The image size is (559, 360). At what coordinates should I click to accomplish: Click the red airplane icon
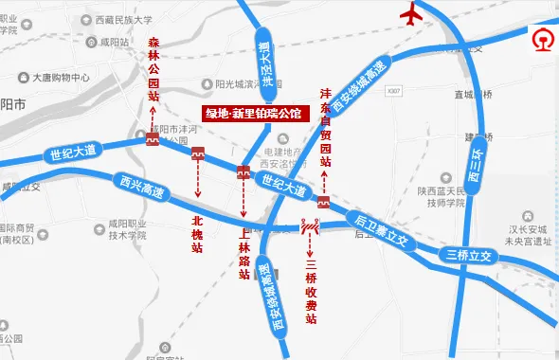411,15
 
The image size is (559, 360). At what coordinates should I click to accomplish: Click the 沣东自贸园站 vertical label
326,128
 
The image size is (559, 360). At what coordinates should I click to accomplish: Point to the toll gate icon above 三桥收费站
310,227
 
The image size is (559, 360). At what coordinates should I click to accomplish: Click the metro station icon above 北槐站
198,153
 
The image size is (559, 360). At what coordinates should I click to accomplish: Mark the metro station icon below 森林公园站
153,140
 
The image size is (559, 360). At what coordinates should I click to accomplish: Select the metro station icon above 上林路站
243,171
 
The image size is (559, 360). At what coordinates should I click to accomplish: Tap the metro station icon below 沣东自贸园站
323,203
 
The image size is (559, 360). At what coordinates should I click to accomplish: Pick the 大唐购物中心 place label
60,78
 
